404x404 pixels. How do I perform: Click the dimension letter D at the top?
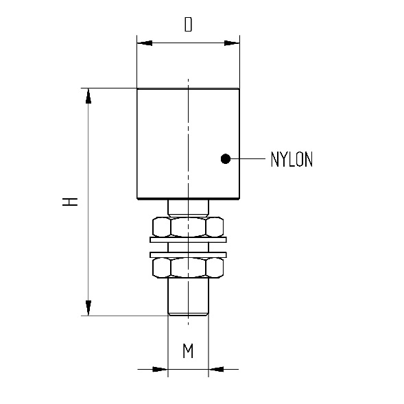(189, 25)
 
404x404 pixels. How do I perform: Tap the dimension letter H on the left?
(70, 202)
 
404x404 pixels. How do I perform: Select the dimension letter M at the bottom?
(188, 350)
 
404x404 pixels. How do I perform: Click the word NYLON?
(292, 159)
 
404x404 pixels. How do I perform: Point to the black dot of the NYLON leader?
(226, 158)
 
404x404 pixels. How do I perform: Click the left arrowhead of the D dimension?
(145, 43)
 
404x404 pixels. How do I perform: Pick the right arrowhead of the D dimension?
(232, 43)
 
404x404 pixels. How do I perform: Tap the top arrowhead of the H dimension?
(88, 96)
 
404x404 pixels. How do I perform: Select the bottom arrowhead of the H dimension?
(88, 308)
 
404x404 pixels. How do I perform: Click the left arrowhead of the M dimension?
(160, 369)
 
